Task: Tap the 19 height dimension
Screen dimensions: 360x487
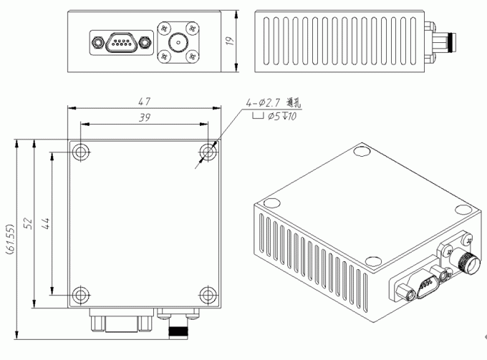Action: (x=230, y=42)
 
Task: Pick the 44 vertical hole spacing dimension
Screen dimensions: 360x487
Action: (x=46, y=223)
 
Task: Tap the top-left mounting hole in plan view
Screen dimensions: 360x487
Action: (x=81, y=152)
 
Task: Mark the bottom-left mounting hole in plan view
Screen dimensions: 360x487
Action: (x=81, y=293)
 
